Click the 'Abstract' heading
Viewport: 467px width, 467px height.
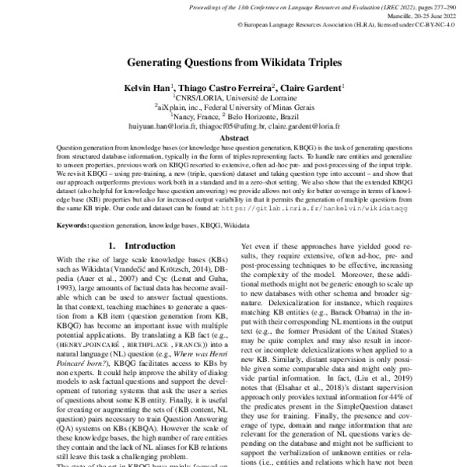tap(233, 136)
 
